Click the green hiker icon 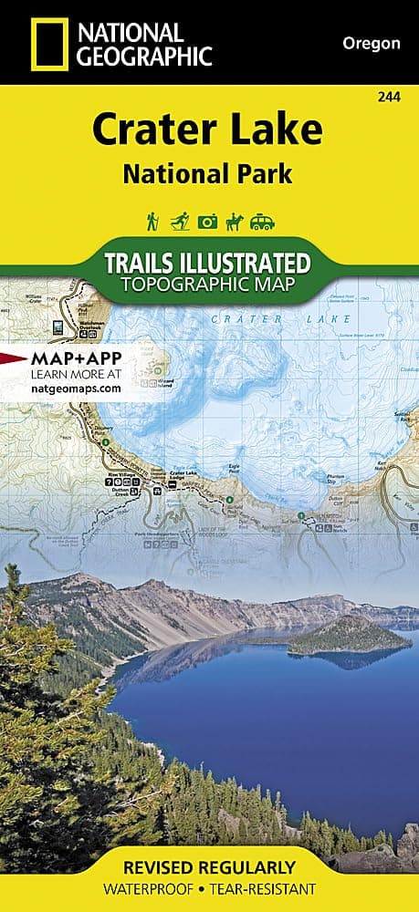click(151, 222)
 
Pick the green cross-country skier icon click(179, 222)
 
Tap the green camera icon click(208, 222)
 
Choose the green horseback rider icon click(236, 222)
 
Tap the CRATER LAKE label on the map click(279, 319)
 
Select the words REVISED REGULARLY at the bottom click(209, 866)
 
